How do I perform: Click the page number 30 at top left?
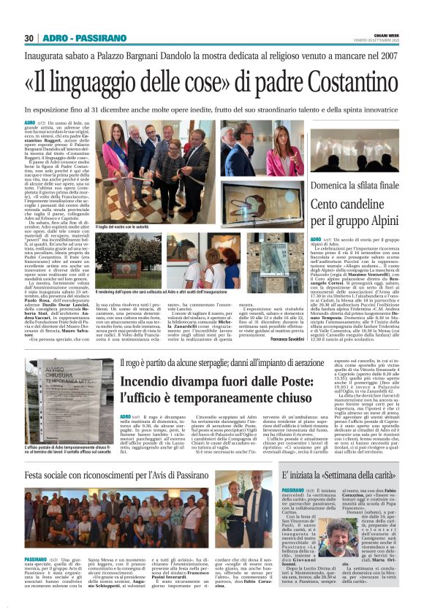29,38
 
